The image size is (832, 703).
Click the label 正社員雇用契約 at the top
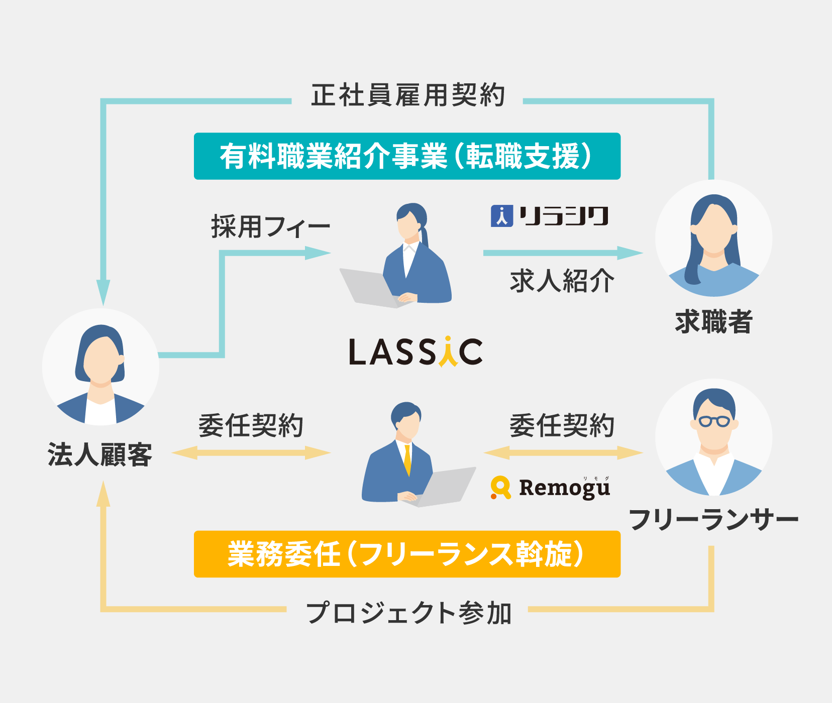click(x=407, y=95)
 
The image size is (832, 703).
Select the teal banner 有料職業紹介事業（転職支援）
click(x=407, y=156)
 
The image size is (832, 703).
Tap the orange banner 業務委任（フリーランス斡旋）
click(x=407, y=554)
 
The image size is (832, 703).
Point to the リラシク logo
click(x=550, y=216)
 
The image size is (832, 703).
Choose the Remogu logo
click(x=551, y=488)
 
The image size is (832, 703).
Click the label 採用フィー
click(x=270, y=226)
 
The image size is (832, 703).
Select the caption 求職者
click(x=713, y=322)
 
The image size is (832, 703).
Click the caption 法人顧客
click(x=100, y=454)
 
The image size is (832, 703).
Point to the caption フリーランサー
click(x=713, y=519)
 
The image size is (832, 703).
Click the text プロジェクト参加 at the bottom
click(x=407, y=613)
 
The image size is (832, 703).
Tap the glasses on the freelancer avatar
click(x=714, y=421)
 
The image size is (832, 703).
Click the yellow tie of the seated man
click(x=407, y=459)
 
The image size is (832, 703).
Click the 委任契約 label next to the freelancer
click(x=562, y=426)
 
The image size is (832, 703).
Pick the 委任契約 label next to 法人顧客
click(x=251, y=426)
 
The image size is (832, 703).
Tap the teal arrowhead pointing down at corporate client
click(x=103, y=292)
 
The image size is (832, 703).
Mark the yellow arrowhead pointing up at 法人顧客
click(x=103, y=495)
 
